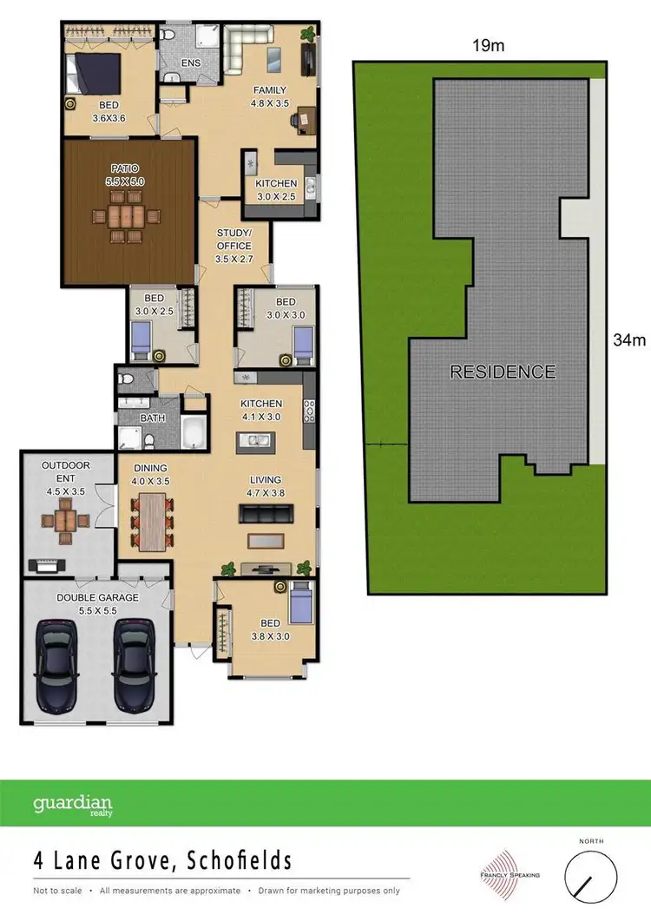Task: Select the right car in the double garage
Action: pyautogui.click(x=135, y=667)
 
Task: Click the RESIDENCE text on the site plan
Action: pyautogui.click(x=502, y=372)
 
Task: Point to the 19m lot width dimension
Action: pyautogui.click(x=488, y=46)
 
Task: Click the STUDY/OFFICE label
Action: pyautogui.click(x=233, y=239)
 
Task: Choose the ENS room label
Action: pyautogui.click(x=191, y=63)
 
